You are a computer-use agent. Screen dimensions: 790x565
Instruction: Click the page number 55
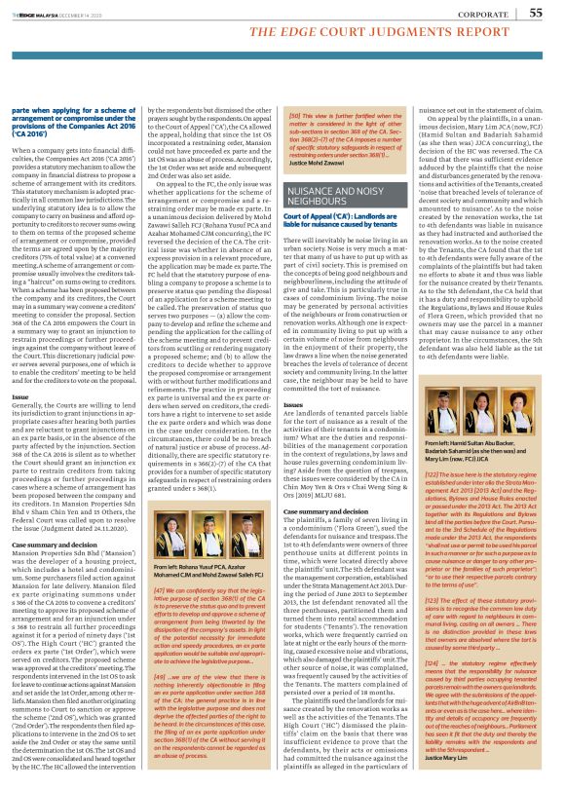pyautogui.click(x=536, y=13)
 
